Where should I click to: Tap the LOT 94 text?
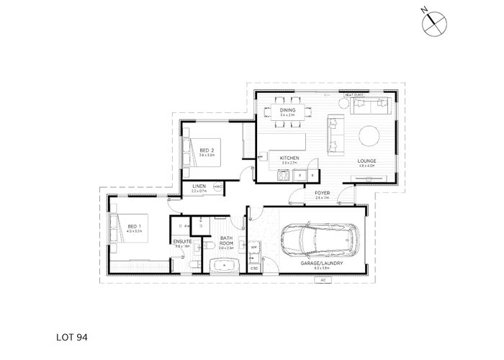[x=71, y=335]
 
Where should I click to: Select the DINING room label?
[x=288, y=109]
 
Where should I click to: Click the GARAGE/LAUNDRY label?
[x=321, y=264]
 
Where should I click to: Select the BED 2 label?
[x=206, y=149]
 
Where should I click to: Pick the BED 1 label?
[x=133, y=227]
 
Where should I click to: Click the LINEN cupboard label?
[x=199, y=187]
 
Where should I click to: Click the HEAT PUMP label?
[x=352, y=94]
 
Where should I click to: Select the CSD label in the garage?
[x=254, y=269]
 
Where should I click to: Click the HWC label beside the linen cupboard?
[x=219, y=187]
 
